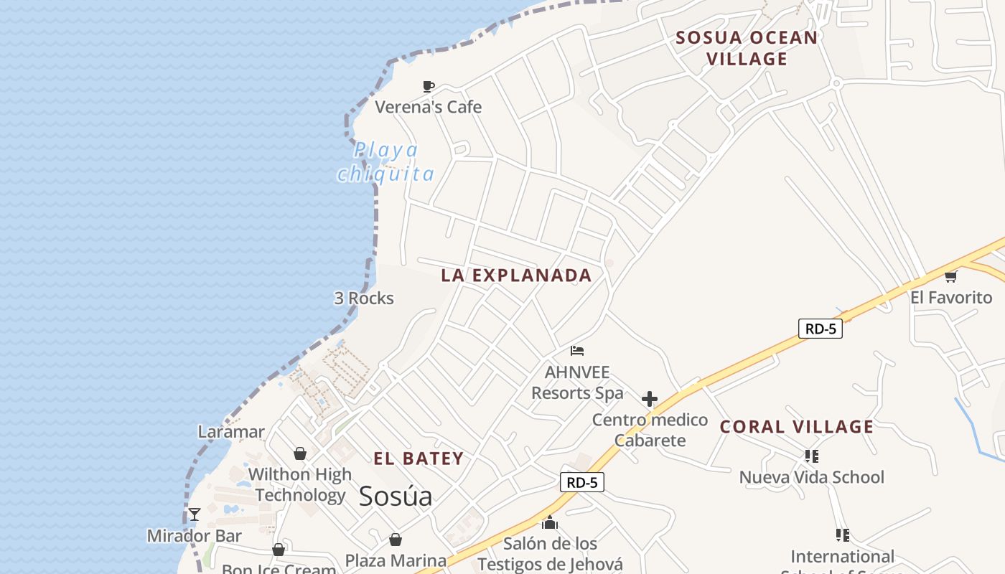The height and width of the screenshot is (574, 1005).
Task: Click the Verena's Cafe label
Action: tap(429, 108)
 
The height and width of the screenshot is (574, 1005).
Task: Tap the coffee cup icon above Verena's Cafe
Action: tap(429, 87)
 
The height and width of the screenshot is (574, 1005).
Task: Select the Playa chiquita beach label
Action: tap(386, 162)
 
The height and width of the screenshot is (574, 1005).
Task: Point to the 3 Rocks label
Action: tap(364, 298)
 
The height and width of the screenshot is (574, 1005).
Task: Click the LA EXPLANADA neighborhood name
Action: tap(516, 276)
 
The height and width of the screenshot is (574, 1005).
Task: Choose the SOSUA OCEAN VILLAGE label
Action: tap(747, 48)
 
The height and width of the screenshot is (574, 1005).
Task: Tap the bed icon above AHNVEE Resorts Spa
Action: tap(577, 351)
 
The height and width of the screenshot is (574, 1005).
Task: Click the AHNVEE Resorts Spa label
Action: tap(577, 382)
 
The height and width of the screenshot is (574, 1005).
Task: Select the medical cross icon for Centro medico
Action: tap(650, 399)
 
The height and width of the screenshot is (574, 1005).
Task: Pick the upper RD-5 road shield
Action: tap(820, 329)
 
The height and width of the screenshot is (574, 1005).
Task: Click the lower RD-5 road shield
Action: tap(581, 482)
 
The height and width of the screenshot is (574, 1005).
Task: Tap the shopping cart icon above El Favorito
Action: tap(951, 276)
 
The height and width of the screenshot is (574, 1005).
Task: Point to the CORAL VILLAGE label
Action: tap(797, 427)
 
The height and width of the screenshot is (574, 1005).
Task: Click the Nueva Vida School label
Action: tap(812, 477)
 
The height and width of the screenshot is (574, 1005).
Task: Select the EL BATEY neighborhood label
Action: tap(419, 459)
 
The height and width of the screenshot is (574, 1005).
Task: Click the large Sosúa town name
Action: tap(396, 496)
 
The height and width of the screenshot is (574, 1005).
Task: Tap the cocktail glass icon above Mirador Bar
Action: tap(195, 514)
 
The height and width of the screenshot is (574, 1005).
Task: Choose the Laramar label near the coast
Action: tap(231, 432)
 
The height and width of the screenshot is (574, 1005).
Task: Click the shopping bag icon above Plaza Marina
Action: tap(396, 540)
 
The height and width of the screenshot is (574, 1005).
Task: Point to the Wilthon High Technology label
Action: tap(300, 484)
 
